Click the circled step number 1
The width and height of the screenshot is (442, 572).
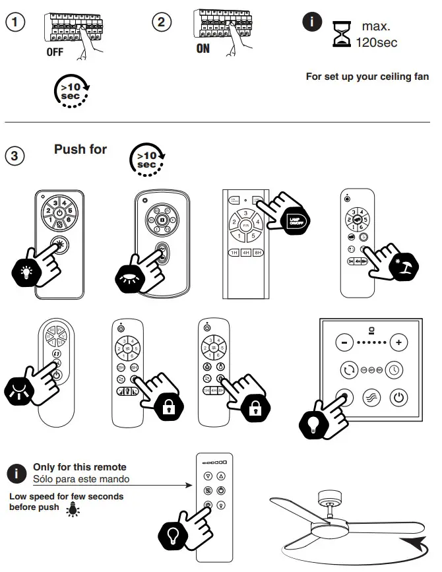[15, 22]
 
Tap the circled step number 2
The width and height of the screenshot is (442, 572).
[161, 22]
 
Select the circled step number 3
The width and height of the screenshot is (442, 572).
[15, 157]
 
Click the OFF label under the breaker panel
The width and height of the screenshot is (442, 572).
[55, 53]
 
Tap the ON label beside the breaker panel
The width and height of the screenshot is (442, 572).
[203, 49]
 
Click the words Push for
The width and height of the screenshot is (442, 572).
[80, 150]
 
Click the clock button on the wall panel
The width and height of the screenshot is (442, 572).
[395, 369]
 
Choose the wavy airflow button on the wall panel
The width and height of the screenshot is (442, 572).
[372, 398]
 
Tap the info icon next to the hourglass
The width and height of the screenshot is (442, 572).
[311, 22]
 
